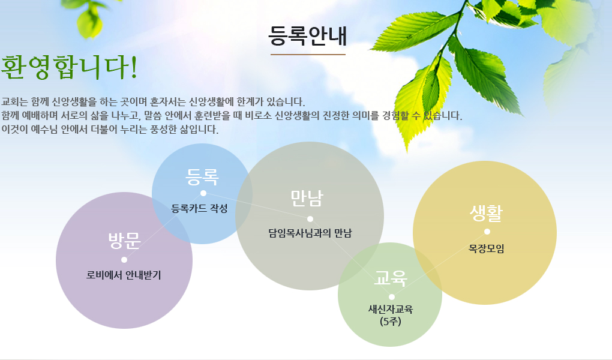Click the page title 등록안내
(308, 35)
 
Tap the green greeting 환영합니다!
(70, 67)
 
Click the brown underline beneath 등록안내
(308, 55)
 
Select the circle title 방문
(124, 240)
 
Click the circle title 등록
(202, 177)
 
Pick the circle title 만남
(307, 199)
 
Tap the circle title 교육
(391, 278)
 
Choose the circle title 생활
(487, 213)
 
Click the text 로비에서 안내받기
(124, 275)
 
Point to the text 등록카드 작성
(199, 209)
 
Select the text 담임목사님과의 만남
(310, 233)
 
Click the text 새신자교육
(391, 309)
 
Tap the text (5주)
(391, 322)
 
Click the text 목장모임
(487, 248)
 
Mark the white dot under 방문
(124, 260)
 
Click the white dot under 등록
(203, 193)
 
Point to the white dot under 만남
(310, 218)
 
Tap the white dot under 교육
(391, 297)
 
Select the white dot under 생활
(487, 232)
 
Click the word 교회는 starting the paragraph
(15, 102)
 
